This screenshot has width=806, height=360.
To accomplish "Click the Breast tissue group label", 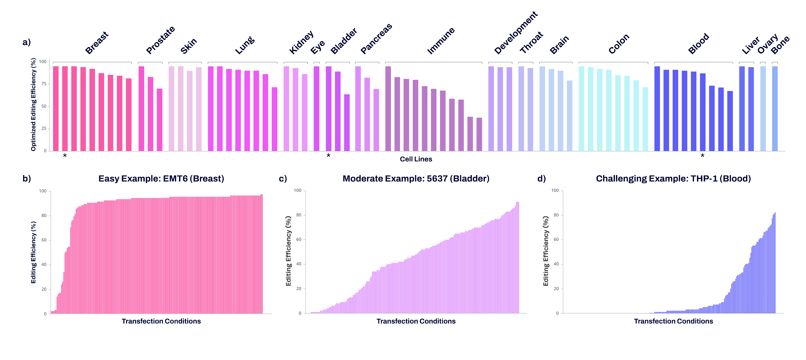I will [x=97, y=43].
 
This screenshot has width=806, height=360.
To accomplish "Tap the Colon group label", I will [x=618, y=44].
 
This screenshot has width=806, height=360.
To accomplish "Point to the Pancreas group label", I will [x=376, y=39].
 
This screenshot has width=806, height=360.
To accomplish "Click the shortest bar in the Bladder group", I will [x=347, y=123].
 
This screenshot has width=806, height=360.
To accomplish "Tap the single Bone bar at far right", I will [x=775, y=109].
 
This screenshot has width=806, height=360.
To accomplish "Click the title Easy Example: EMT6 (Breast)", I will [x=161, y=179].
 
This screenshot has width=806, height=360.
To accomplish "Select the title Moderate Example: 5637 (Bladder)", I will [x=416, y=179].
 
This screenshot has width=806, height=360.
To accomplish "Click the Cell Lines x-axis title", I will [x=416, y=159].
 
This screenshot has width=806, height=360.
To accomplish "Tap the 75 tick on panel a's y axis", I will [x=44, y=84].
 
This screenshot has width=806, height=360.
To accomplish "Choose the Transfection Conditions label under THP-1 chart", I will [x=673, y=321].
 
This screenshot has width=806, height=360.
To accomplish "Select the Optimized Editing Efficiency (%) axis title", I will [x=33, y=105].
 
